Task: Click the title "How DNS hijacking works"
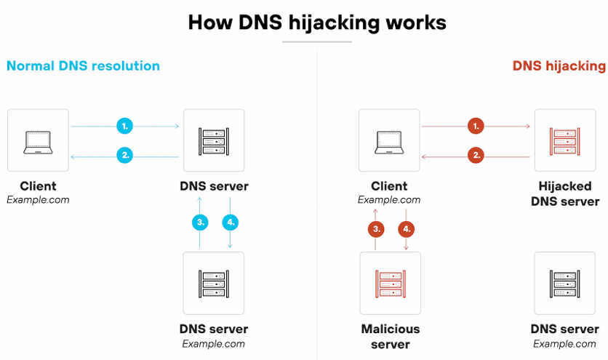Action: coord(316,22)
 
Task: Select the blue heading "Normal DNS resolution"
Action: coord(83,66)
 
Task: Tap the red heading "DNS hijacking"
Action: coord(559,66)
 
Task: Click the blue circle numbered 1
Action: coord(125,126)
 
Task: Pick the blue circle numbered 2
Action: coord(125,155)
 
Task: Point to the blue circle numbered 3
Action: coord(200,223)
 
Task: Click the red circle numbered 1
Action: coord(476,126)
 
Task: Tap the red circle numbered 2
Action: coord(476,155)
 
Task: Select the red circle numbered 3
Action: coord(376,229)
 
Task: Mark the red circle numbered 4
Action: coord(406,229)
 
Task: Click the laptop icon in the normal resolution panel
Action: coord(38,140)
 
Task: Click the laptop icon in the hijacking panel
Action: coord(389,140)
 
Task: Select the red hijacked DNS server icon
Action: coord(564,140)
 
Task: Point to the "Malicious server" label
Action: coord(390,337)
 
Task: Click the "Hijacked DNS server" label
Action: coord(564,193)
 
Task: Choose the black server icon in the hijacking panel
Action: coord(564,283)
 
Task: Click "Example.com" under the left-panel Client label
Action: coord(38,200)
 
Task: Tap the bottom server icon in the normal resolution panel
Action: coord(214,283)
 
